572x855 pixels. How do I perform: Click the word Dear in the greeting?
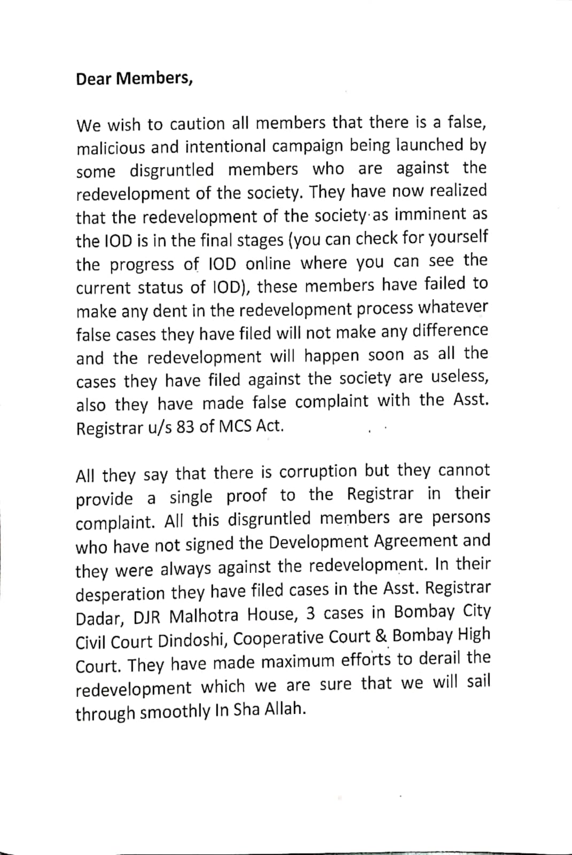point(94,79)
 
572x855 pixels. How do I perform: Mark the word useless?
point(459,377)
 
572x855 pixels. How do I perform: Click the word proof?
point(246,496)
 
